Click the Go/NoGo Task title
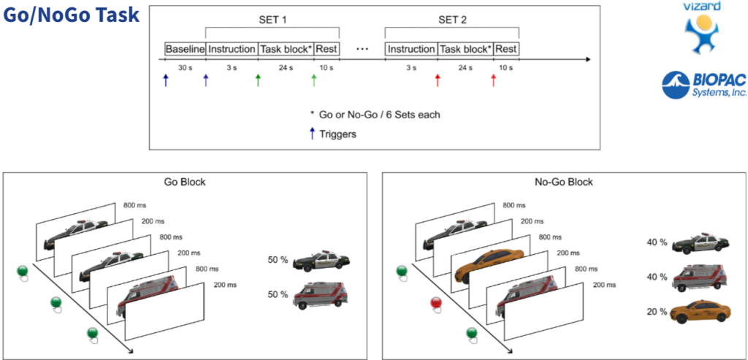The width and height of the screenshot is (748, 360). [71, 15]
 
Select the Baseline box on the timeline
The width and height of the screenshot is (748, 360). [185, 49]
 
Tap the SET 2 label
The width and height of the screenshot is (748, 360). [452, 19]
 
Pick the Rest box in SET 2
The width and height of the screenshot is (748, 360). [505, 49]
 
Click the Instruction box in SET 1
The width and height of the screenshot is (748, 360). [232, 49]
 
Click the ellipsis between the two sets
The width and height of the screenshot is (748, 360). [362, 50]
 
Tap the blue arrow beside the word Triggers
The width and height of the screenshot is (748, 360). [313, 134]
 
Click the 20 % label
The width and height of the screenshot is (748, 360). [657, 312]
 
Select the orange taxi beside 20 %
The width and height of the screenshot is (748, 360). [698, 312]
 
